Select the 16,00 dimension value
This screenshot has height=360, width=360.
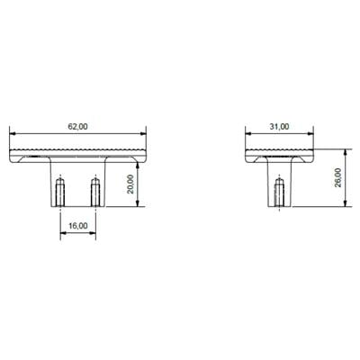(78, 226)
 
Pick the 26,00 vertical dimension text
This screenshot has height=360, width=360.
(337, 177)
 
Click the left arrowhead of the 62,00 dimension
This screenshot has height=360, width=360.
(12, 134)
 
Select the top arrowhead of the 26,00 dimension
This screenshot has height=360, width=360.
(344, 151)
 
